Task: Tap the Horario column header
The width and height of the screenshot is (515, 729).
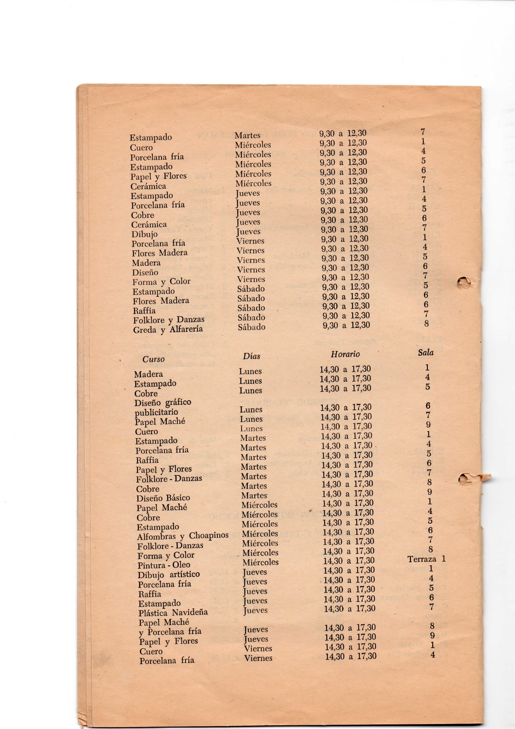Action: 345,354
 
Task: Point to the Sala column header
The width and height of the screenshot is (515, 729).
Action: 426,352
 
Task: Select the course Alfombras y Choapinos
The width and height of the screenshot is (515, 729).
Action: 182,536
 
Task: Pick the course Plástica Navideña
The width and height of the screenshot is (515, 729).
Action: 173,612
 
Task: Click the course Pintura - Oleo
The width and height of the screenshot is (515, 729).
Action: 164,565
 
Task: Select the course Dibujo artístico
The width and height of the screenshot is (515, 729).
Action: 169,574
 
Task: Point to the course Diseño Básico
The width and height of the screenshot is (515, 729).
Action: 163,498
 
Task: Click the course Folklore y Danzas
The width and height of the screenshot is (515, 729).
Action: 169,320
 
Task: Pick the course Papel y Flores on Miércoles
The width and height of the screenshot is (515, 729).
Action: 158,176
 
